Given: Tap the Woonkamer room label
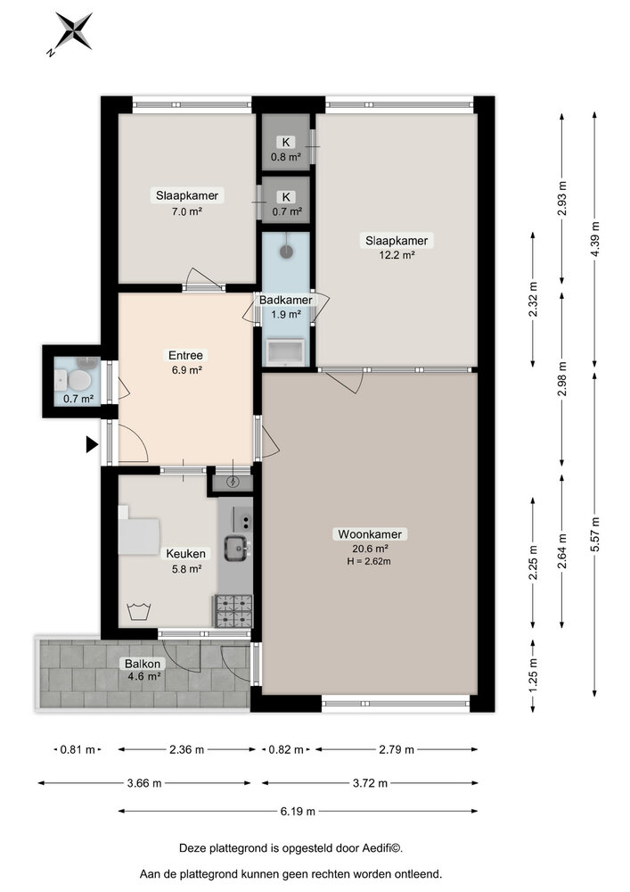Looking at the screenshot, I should (x=370, y=534).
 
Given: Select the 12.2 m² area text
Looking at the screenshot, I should (x=396, y=255).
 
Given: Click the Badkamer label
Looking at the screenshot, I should (x=285, y=300).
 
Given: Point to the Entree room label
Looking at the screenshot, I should (x=185, y=355).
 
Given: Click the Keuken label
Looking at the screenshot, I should (x=185, y=553).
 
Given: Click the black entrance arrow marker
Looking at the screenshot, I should (x=91, y=444).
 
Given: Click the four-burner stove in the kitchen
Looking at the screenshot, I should (x=233, y=610).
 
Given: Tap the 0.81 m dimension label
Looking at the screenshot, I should (x=77, y=749).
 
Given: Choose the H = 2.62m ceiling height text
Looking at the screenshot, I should (x=370, y=561).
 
